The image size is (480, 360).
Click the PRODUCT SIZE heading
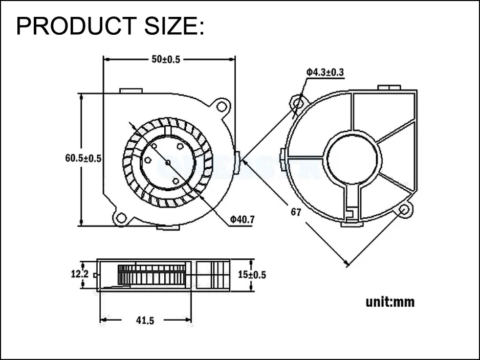point(110,26)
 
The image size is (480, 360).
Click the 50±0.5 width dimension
point(165,59)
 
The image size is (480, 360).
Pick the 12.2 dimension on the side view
point(79,274)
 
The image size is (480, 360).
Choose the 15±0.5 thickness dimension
point(252,275)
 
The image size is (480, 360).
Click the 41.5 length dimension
point(145,321)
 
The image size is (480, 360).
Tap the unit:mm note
point(390,302)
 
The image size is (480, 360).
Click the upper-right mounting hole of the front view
point(222,106)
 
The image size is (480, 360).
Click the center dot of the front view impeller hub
point(168,163)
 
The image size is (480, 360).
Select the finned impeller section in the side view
point(150,274)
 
